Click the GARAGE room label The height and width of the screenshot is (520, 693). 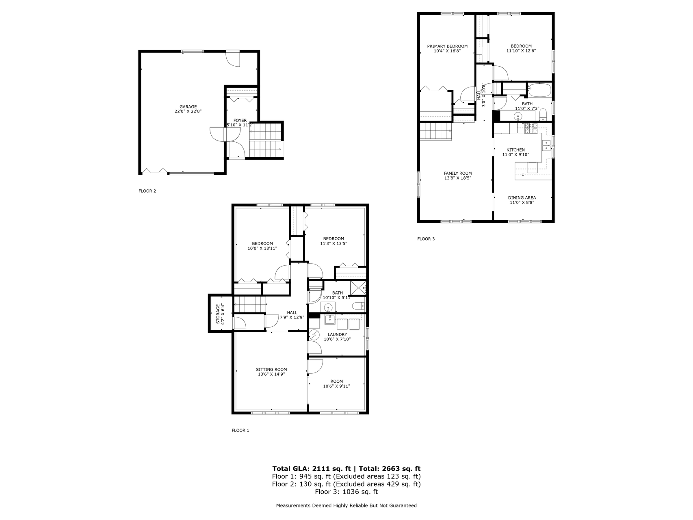[x=188, y=107]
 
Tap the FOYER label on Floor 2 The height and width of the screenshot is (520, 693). [x=240, y=120]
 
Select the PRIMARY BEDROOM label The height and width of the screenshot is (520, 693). [x=447, y=46]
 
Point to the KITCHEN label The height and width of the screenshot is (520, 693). [x=515, y=150]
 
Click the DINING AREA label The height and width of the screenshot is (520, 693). [x=522, y=198]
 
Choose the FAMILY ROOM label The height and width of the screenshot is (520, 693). [x=458, y=173]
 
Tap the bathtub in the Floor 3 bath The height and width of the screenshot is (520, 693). [x=539, y=90]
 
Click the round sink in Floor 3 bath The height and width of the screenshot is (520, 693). [x=518, y=117]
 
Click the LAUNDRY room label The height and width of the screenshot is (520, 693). [x=338, y=335]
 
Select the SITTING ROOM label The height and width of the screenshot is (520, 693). [x=271, y=370]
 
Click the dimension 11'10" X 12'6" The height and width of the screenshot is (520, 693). [x=521, y=51]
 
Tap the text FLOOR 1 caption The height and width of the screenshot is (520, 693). [x=240, y=430]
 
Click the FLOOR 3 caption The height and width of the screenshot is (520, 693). [x=426, y=239]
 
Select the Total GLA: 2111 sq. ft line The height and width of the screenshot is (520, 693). [x=308, y=468]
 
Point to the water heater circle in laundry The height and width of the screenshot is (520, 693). [x=314, y=335]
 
